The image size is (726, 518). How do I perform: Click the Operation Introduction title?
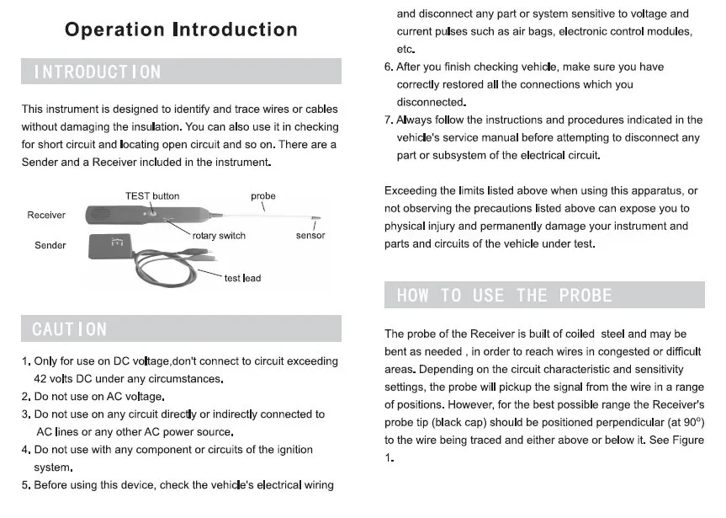(181, 30)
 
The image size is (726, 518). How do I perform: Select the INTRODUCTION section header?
(97, 72)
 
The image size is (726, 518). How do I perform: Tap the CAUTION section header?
(70, 328)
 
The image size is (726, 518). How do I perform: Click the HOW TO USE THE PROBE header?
(504, 295)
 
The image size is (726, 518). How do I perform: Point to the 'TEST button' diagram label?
(152, 196)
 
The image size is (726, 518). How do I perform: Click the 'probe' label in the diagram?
(263, 196)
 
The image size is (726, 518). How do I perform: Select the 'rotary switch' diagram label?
(219, 236)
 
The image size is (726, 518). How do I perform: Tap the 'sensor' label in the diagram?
(310, 236)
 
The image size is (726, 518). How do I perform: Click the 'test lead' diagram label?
(242, 278)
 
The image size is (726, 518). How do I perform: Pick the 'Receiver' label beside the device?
(46, 215)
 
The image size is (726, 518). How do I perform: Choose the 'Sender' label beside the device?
(50, 245)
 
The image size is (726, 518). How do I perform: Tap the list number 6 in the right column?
(389, 67)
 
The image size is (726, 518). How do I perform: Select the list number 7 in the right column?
(389, 120)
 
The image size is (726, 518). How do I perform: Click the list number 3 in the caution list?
(26, 414)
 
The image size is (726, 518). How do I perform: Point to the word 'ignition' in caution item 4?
(292, 450)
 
